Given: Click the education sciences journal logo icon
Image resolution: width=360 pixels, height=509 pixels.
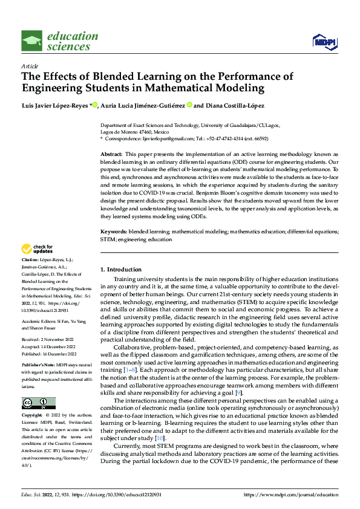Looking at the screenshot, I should click(32, 41).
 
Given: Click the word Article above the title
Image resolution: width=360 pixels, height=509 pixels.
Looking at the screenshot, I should click(30, 66).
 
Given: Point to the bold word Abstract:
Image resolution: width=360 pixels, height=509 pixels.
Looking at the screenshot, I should click(111, 155).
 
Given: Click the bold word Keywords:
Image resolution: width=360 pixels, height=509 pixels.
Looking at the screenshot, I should click(113, 232).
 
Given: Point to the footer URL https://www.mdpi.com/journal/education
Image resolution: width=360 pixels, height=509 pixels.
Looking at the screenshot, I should click(290, 494).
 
